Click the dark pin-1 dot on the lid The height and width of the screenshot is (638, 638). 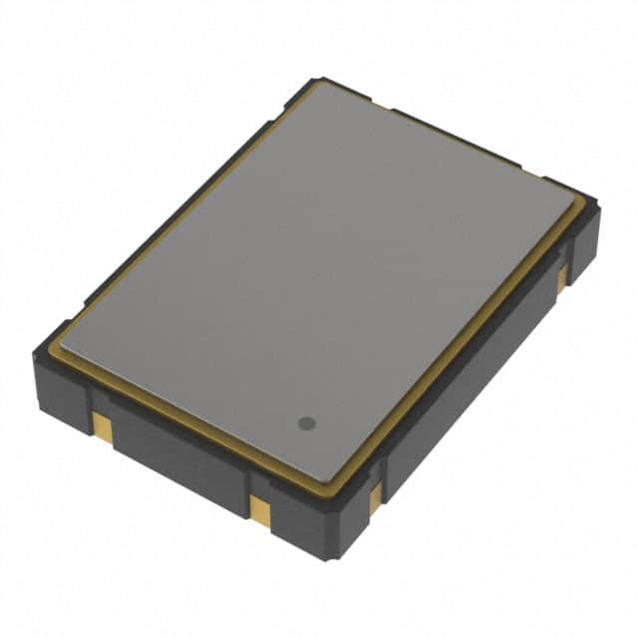(x=307, y=423)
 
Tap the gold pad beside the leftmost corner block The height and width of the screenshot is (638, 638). (x=102, y=424)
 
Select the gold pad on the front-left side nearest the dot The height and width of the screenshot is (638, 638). (x=259, y=509)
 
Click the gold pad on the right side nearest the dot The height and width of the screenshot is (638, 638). (x=376, y=495)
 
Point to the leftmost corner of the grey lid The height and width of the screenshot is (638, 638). (x=62, y=344)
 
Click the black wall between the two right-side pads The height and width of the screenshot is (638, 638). (x=469, y=384)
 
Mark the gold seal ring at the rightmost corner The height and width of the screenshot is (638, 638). (x=582, y=211)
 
